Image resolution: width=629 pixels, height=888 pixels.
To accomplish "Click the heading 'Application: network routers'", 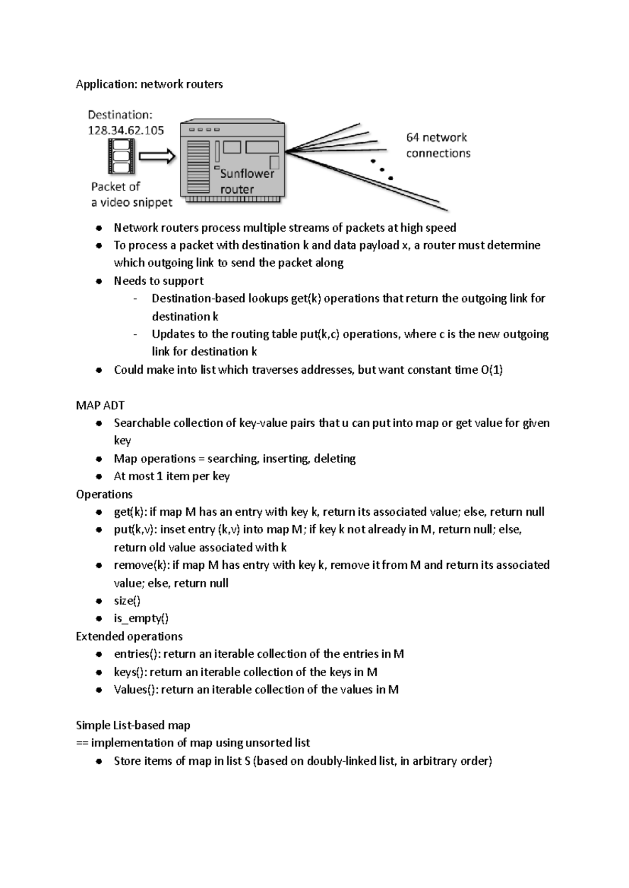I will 149,84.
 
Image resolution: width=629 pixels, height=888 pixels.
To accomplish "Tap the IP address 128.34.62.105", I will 126,131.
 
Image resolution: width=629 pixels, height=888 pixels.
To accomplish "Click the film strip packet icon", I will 121,156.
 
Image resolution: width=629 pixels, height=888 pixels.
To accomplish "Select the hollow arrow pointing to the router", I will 157,156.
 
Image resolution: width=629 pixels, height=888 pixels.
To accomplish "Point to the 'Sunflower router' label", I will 246,181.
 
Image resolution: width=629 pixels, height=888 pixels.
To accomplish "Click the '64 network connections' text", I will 438,145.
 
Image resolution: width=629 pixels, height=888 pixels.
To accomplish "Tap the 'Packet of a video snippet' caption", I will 131,194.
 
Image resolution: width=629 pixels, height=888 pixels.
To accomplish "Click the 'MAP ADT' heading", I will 100,405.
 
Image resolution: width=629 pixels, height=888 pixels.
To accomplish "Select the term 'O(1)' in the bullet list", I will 491,370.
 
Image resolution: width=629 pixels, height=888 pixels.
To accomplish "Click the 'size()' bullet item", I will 127,601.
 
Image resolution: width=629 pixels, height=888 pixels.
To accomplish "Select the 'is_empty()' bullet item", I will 141,619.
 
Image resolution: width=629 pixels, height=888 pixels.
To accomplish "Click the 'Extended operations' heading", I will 129,636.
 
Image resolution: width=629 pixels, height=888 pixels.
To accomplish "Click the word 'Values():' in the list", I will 136,690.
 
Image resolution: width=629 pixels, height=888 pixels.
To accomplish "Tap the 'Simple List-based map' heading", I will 133,725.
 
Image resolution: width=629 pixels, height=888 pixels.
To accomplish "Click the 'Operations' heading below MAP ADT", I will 104,494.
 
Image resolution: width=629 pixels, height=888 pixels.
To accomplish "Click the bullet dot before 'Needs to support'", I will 99,281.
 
